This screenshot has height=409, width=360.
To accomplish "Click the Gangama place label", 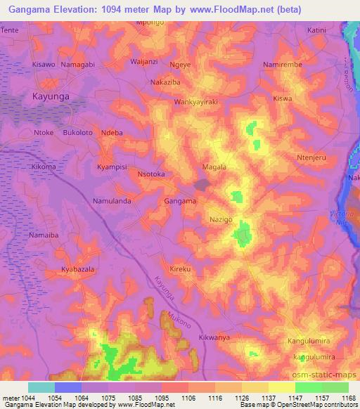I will point(179,201).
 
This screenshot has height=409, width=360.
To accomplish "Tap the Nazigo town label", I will point(221,220).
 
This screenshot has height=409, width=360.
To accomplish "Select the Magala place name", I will point(214,167).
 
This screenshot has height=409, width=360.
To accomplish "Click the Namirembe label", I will point(282,64).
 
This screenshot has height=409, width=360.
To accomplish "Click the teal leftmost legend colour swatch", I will point(41,387).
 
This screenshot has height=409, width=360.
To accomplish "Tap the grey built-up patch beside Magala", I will point(202,184).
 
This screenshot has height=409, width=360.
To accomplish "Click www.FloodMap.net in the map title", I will point(243,8).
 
